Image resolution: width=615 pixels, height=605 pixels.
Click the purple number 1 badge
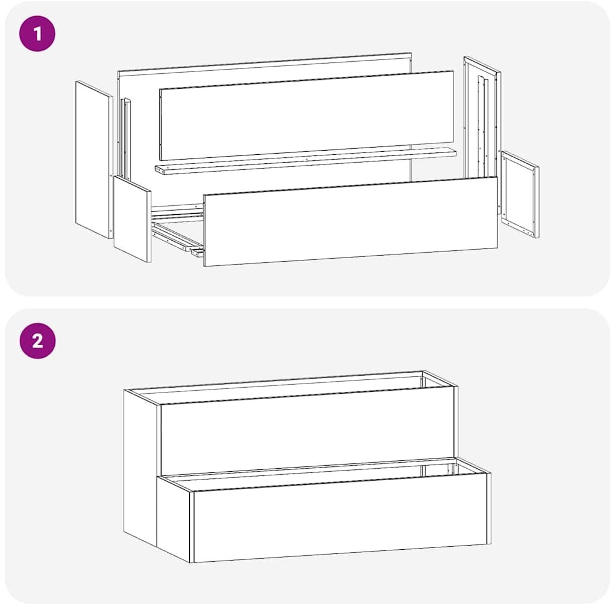click(x=37, y=34)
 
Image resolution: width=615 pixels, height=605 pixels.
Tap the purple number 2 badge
click(x=37, y=341)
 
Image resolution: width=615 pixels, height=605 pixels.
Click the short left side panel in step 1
click(x=132, y=219)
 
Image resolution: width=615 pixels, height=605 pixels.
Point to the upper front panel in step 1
click(x=307, y=116)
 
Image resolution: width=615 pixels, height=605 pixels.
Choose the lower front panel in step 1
click(x=350, y=221)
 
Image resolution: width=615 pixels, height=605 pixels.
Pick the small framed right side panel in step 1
click(x=520, y=194)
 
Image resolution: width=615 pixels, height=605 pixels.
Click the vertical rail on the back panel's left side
click(x=126, y=139)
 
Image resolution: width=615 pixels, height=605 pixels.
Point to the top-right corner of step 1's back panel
click(x=411, y=53)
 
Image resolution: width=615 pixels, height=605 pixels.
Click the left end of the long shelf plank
click(x=156, y=170)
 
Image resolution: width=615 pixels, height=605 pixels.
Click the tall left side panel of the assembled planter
click(x=141, y=462)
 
